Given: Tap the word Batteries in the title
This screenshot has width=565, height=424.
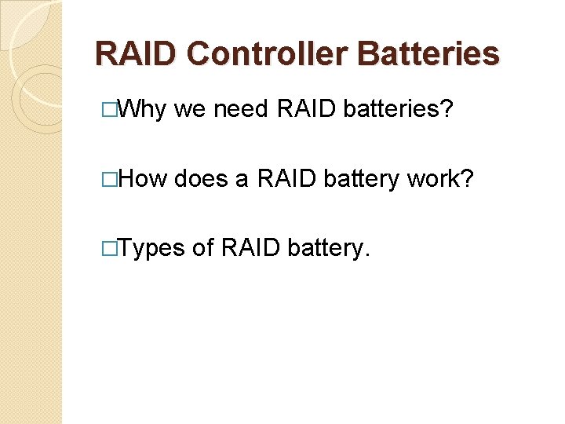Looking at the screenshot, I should [x=428, y=54].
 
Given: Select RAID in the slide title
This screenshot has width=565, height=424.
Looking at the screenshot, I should [x=137, y=54].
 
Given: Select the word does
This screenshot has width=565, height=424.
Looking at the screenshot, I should [x=201, y=179].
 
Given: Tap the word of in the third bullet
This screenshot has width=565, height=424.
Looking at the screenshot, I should [x=202, y=248].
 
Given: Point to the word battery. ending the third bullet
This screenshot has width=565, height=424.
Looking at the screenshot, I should [x=328, y=248].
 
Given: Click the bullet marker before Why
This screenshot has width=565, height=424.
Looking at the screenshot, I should [x=118, y=111].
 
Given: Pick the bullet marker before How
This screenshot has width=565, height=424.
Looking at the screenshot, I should [x=118, y=179].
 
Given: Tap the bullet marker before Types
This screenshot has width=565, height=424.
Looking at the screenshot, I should [x=118, y=248].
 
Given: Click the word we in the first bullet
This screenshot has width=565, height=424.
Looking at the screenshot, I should [x=188, y=111].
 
